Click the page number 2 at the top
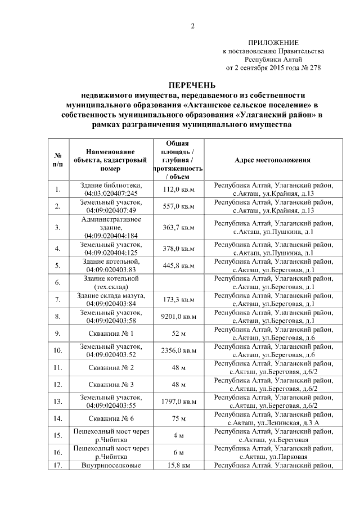tap(192, 26)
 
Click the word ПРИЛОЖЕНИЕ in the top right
tap(273, 43)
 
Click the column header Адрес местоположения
tap(272, 160)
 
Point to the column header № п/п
tap(57, 160)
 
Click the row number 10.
tap(57, 350)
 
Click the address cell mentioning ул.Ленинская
tap(272, 418)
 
